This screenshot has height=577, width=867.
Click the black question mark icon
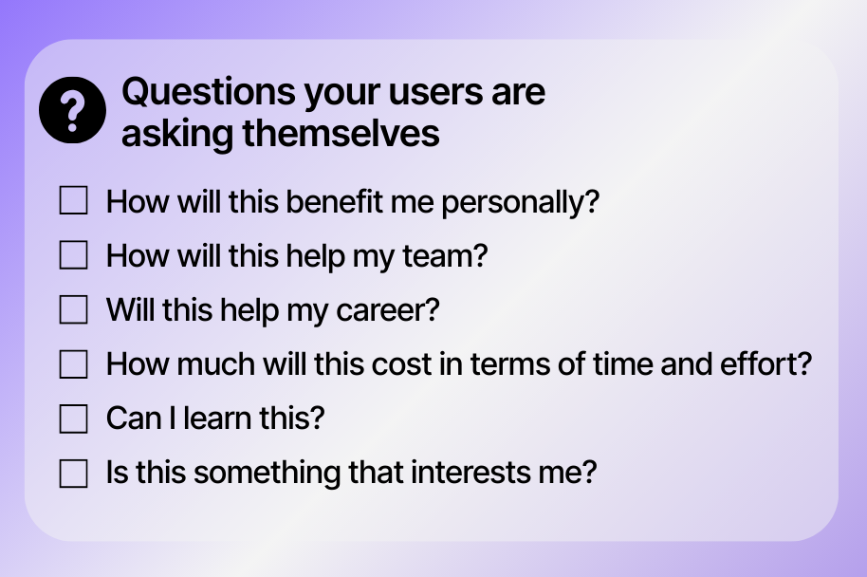[x=72, y=110]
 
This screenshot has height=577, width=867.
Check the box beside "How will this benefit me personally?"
[x=74, y=200]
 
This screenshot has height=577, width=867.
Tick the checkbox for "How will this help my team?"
[x=74, y=255]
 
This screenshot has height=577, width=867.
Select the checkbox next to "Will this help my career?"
[x=74, y=309]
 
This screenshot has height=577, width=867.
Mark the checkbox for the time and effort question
[x=74, y=364]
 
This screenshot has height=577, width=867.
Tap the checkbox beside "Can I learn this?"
[x=74, y=419]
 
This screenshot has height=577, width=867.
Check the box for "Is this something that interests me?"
[x=74, y=473]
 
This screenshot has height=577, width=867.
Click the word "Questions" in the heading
[x=209, y=91]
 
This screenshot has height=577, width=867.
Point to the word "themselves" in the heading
[x=341, y=134]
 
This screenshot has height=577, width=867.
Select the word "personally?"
[x=521, y=202]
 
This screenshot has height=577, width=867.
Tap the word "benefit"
[x=334, y=201]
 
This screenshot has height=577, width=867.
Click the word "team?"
[x=445, y=256]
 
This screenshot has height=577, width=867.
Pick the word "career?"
[x=388, y=310]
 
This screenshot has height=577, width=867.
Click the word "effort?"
[x=766, y=364]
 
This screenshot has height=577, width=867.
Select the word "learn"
[x=216, y=419]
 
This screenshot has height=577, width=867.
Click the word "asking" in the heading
[x=177, y=135]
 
